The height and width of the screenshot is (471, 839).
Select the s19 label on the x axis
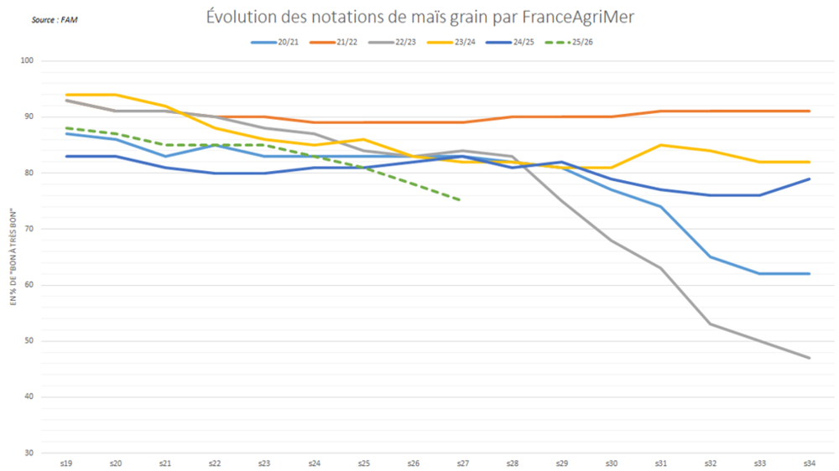click(x=65, y=462)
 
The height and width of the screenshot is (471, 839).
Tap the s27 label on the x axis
click(x=461, y=462)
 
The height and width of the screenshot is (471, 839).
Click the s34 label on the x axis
click(x=808, y=462)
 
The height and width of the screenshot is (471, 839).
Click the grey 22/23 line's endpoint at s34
click(x=808, y=358)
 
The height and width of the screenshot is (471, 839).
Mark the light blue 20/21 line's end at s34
click(x=808, y=273)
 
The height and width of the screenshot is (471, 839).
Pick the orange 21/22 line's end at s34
click(x=808, y=111)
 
